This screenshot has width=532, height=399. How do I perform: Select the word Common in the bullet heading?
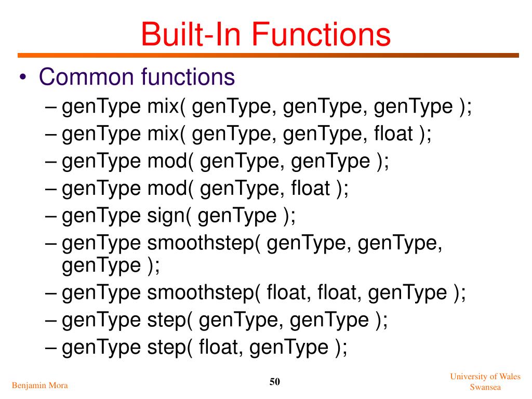pos(86,77)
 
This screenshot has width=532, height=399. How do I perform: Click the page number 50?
pos(275,382)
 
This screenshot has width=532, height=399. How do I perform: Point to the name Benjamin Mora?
pos(39,385)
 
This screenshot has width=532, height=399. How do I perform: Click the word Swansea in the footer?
pos(485,387)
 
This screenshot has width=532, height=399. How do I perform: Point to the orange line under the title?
pos(268,55)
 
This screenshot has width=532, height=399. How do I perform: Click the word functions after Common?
pos(188,77)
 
